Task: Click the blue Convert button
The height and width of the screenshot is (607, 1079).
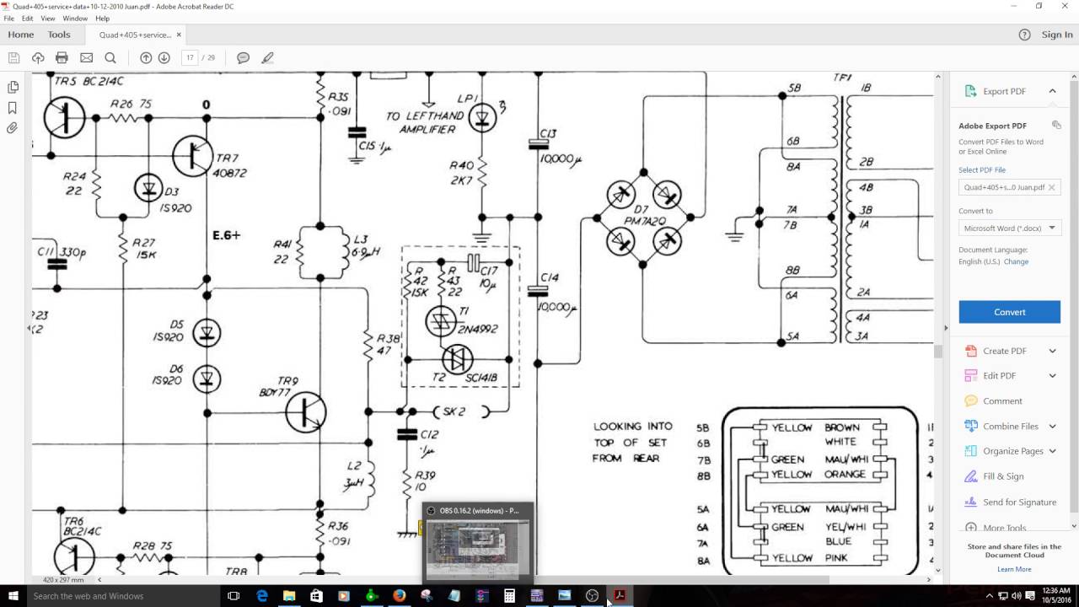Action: coord(1009,312)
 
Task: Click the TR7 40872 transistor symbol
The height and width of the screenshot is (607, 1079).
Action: coord(193,155)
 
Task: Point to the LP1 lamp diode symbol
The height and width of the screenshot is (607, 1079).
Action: coord(482,118)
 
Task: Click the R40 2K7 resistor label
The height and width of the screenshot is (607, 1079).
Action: coord(461,174)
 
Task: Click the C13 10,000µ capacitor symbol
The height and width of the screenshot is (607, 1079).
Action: coord(538,144)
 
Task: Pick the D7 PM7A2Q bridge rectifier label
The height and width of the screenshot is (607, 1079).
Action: coord(644,214)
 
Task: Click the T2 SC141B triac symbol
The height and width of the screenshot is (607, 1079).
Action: coord(457,360)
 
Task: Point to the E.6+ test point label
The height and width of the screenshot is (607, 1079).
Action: coord(226,235)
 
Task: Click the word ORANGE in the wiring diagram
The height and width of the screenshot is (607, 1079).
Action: coord(845,475)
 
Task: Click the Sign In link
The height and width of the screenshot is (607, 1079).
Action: coord(1056,35)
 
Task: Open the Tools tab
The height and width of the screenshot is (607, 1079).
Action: coord(59,35)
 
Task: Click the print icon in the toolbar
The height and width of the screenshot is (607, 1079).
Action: coord(62,58)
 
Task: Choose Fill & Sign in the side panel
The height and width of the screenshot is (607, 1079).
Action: coord(1003,476)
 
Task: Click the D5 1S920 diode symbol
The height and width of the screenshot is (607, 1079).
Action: coord(207,333)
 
